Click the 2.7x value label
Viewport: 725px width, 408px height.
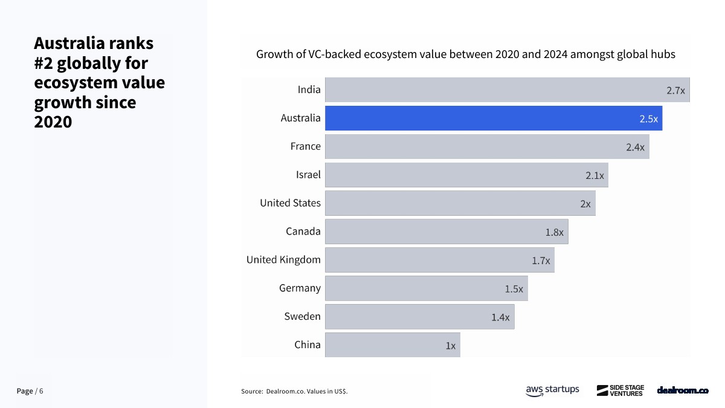675,91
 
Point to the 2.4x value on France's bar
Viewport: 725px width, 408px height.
635,147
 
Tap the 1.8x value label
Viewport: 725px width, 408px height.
554,232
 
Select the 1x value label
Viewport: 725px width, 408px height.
450,346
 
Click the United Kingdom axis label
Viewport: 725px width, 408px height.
283,260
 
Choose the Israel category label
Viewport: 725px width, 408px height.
308,175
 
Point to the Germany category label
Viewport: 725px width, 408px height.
300,288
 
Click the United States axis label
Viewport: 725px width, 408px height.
290,203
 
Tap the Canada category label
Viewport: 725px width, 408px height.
303,232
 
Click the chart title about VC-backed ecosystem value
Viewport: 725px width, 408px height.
465,54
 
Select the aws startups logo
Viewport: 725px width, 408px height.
552,390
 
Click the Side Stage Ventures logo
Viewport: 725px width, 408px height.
620,390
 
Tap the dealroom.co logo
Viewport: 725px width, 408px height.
683,390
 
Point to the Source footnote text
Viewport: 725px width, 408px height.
294,392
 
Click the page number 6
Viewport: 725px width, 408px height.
41,391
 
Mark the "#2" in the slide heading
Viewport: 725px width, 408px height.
45,63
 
